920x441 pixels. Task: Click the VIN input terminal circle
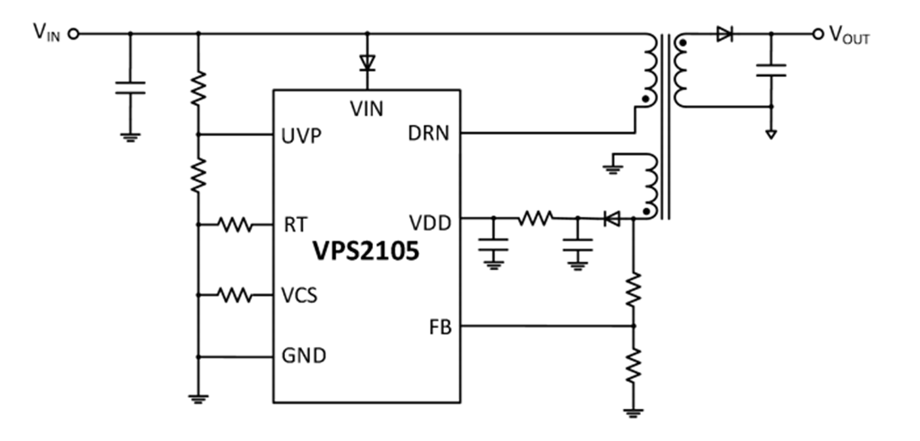click(x=74, y=34)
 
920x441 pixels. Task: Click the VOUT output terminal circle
click(x=818, y=34)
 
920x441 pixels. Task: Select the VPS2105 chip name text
click(x=366, y=250)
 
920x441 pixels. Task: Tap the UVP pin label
click(x=301, y=136)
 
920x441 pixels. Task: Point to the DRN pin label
click(x=428, y=133)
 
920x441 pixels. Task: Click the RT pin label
click(x=296, y=224)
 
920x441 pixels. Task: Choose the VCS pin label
click(x=299, y=295)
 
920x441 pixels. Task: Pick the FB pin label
click(x=440, y=327)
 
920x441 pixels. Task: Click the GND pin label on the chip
click(x=303, y=356)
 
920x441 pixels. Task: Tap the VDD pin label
click(x=430, y=223)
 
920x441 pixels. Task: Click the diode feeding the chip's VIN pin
click(x=367, y=63)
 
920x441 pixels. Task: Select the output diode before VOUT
click(x=724, y=34)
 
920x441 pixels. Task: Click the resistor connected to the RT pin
click(x=235, y=224)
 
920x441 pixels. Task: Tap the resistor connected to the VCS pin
click(x=235, y=295)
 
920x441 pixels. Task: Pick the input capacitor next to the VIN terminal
click(x=130, y=88)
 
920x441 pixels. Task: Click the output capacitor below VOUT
click(x=771, y=70)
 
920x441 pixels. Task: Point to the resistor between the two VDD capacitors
click(x=535, y=218)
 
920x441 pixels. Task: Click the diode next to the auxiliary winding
click(x=612, y=218)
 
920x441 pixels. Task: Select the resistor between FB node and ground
click(x=633, y=365)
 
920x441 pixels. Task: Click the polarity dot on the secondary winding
click(x=682, y=42)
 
